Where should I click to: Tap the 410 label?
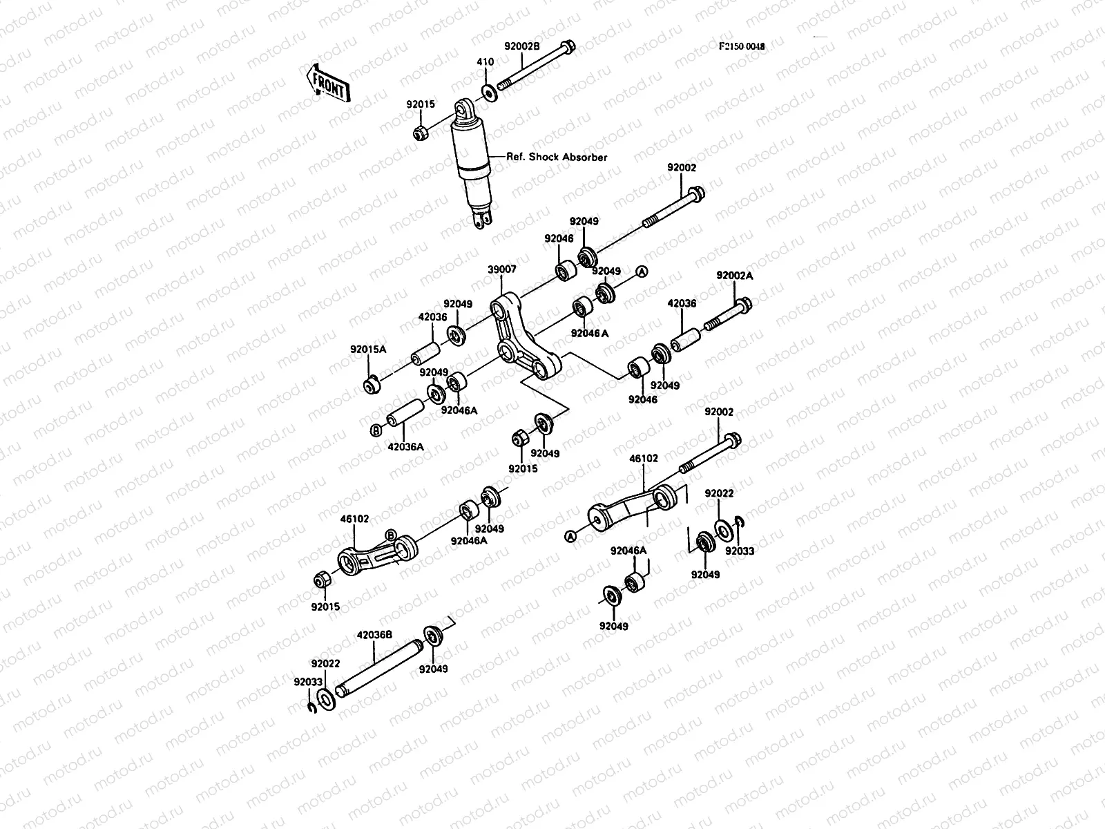[x=486, y=62]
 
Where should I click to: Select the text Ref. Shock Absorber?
[x=557, y=158]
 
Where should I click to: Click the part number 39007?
[x=501, y=270]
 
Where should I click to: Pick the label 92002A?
[x=735, y=275]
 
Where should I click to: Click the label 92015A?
[x=368, y=350]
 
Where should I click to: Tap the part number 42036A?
[x=405, y=446]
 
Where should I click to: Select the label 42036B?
[x=374, y=634]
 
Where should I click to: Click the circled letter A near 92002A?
[x=641, y=271]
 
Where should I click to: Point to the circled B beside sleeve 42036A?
[x=376, y=430]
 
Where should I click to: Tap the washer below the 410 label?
[x=488, y=92]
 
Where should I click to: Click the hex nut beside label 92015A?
[x=372, y=382]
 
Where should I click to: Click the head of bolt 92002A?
[x=743, y=303]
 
